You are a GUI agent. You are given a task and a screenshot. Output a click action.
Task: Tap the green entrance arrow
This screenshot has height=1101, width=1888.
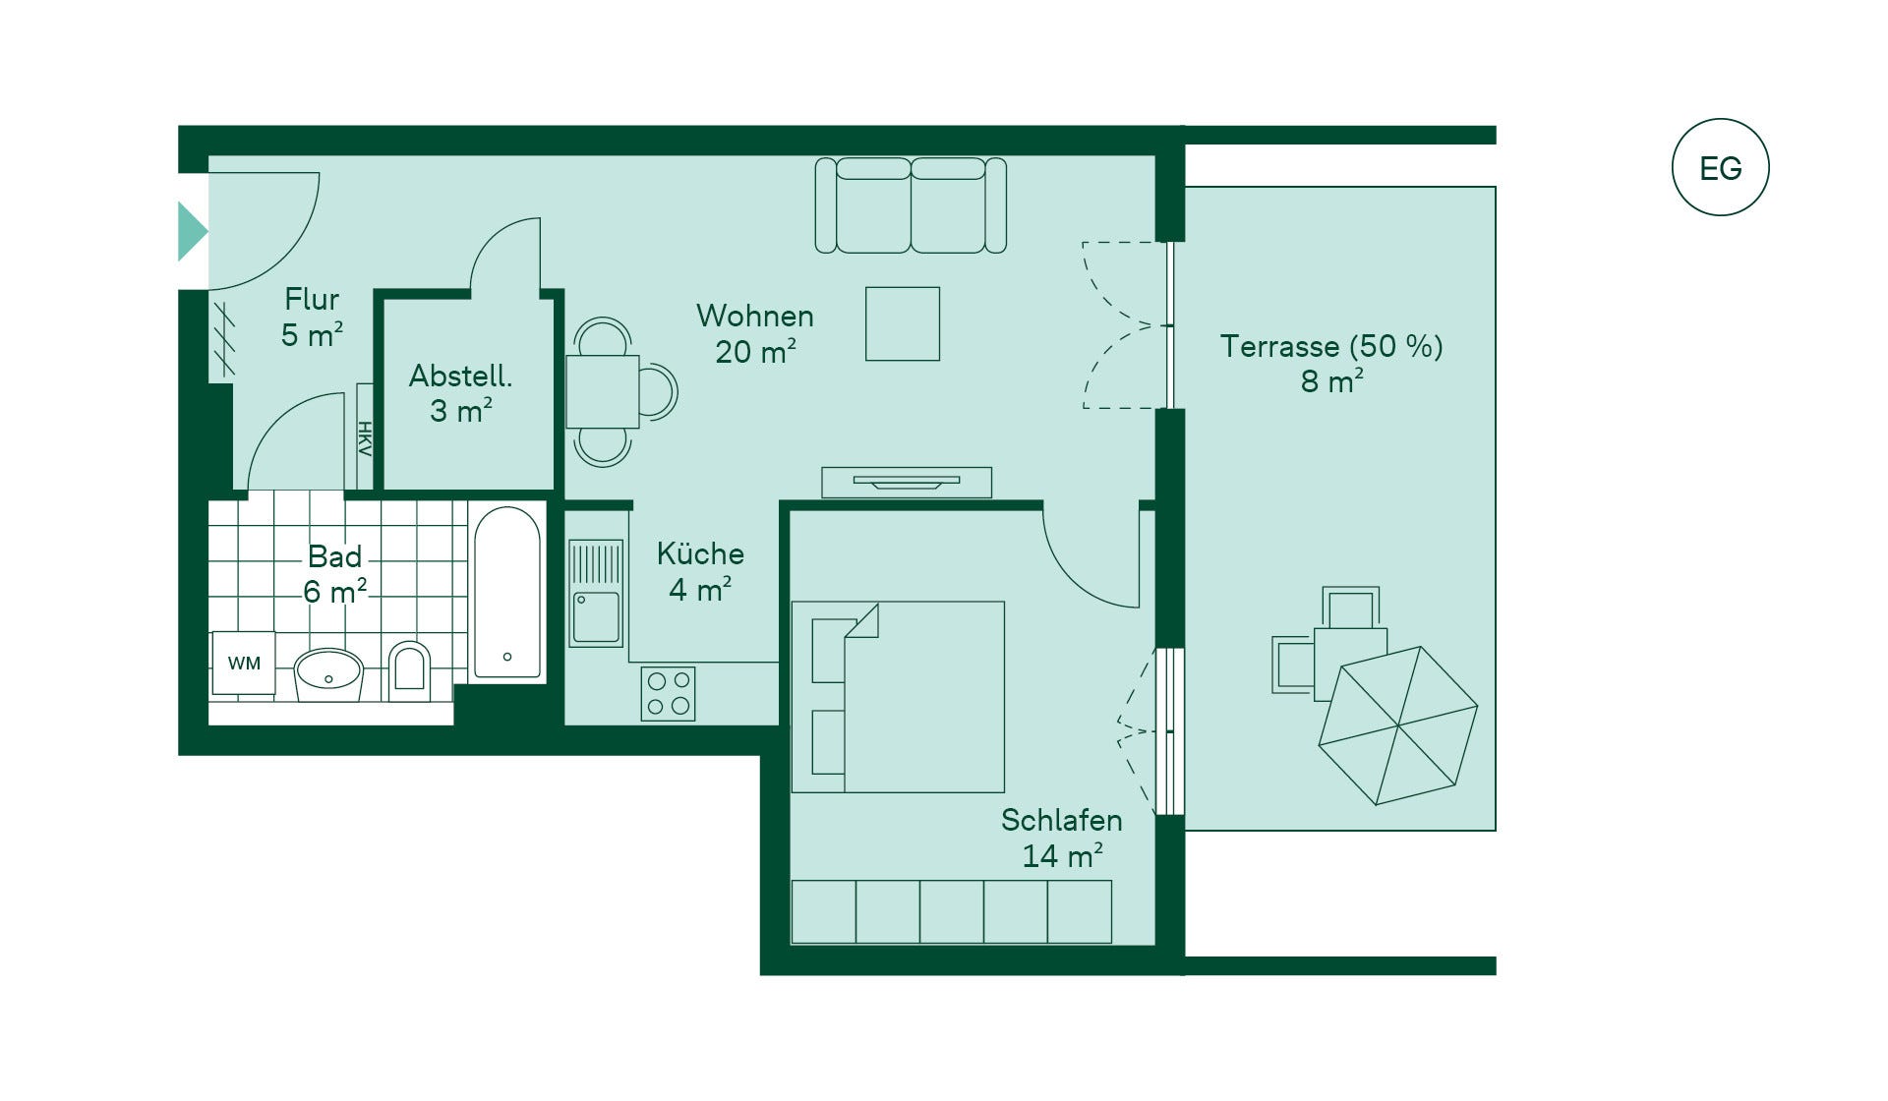click(x=193, y=231)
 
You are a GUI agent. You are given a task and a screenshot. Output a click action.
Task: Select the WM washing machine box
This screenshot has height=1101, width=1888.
click(x=244, y=663)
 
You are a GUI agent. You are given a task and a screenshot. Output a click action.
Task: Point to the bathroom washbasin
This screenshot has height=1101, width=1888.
click(x=328, y=674)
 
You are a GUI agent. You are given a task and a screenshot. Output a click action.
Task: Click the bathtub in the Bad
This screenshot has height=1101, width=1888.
click(x=507, y=593)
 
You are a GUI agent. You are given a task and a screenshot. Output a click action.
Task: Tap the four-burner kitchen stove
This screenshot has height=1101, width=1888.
click(x=668, y=693)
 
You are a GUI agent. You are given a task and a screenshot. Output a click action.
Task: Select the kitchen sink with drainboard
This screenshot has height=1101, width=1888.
click(x=596, y=593)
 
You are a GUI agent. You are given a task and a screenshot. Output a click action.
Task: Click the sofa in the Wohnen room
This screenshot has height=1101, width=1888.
click(x=911, y=205)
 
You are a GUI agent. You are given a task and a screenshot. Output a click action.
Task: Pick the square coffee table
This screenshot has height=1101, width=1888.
click(x=903, y=323)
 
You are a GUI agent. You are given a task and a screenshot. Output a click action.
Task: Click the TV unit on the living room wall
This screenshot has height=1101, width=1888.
click(x=907, y=482)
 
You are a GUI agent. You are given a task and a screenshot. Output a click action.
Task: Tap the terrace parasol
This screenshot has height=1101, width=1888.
click(x=1397, y=725)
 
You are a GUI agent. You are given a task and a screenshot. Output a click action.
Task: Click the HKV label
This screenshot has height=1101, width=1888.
click(x=365, y=438)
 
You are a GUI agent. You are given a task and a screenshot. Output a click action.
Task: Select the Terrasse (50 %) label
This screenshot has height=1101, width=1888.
click(x=1331, y=346)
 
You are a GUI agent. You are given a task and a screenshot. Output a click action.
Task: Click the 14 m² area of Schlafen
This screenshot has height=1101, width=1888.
click(x=1062, y=856)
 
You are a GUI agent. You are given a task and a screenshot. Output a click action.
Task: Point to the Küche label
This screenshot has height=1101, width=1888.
click(x=700, y=553)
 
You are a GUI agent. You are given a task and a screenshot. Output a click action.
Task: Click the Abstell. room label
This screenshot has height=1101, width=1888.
click(x=460, y=376)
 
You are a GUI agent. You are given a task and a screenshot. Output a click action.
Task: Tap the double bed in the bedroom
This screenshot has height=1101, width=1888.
click(x=898, y=697)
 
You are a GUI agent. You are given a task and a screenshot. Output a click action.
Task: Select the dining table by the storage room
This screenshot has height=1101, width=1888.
click(x=603, y=391)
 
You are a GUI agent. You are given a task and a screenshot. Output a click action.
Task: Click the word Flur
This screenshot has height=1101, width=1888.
click(x=312, y=299)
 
